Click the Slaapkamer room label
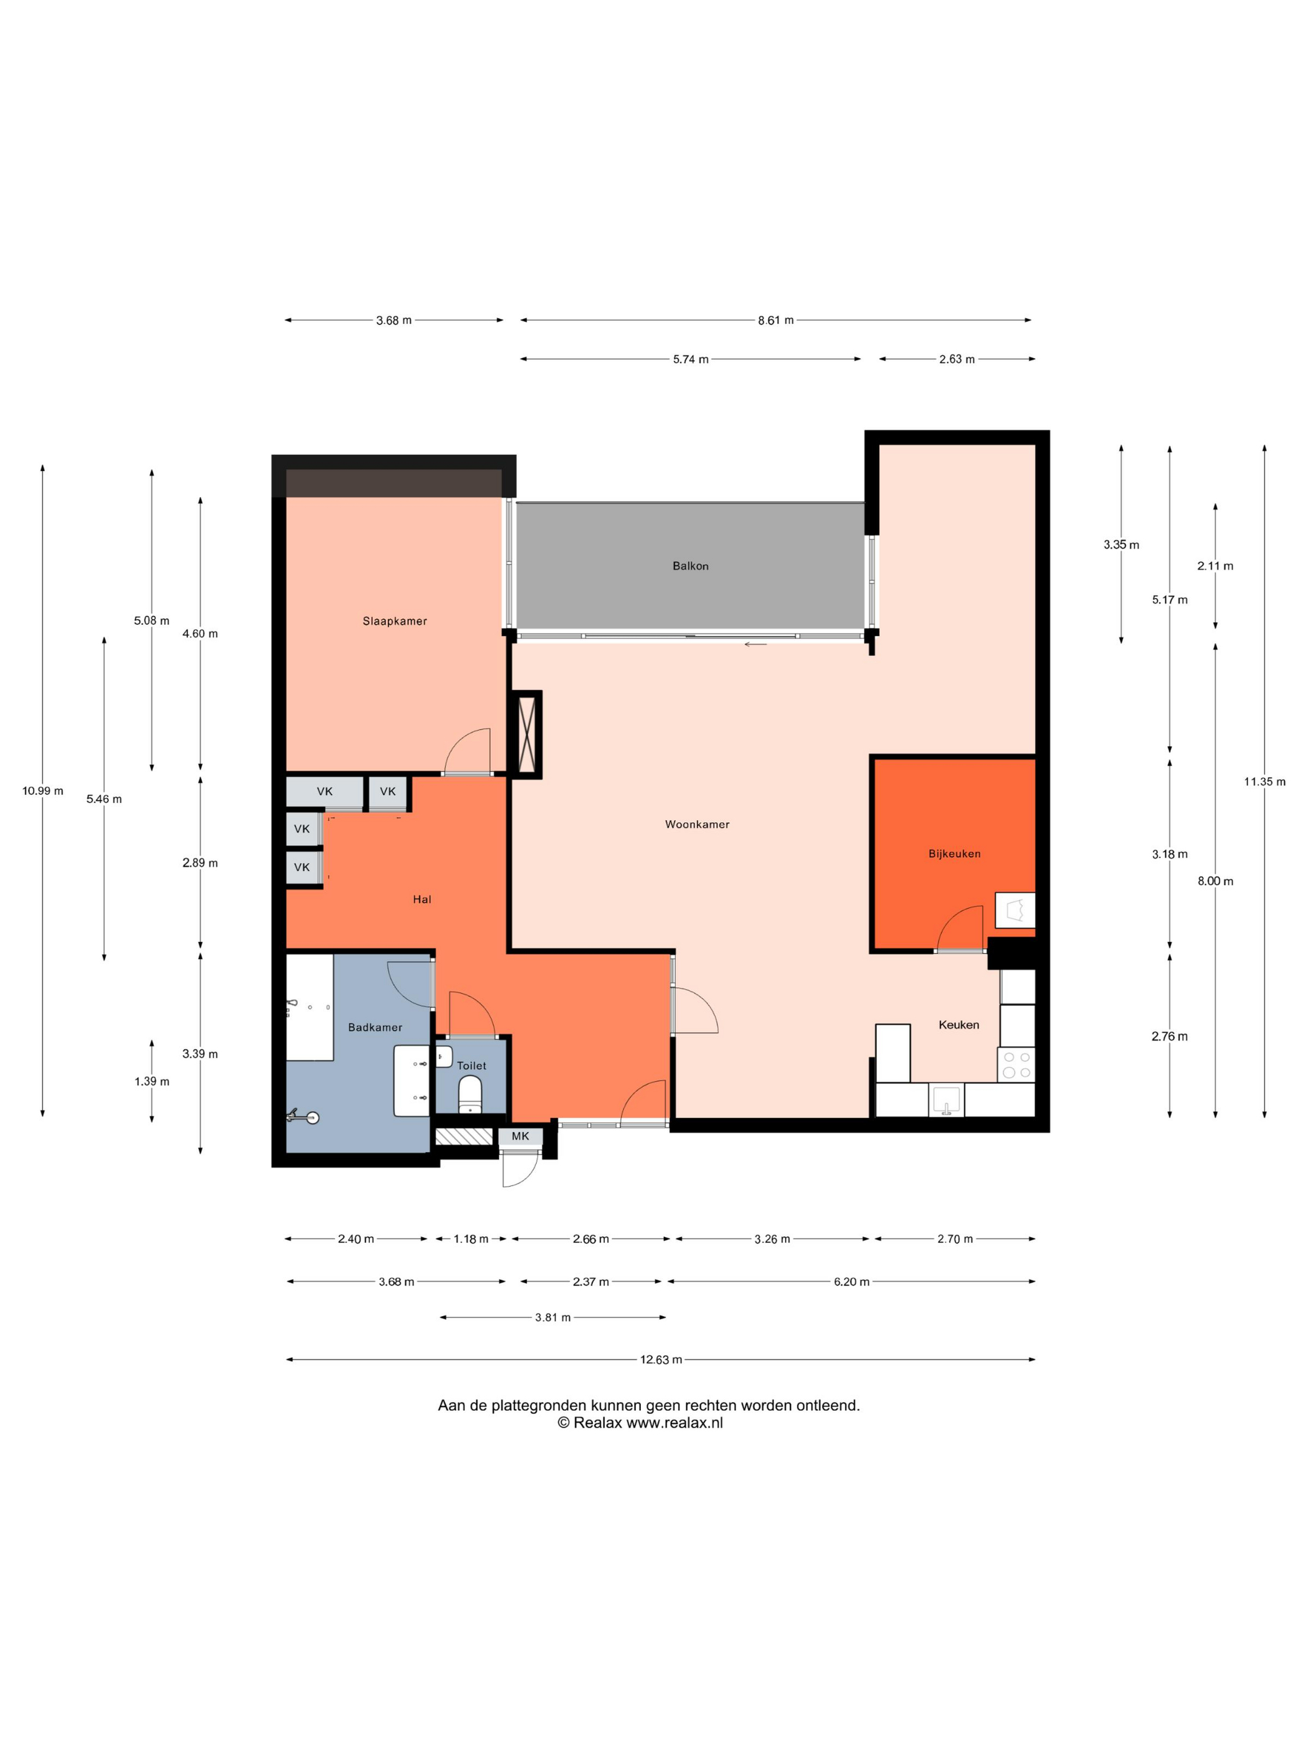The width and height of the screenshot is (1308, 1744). point(394,621)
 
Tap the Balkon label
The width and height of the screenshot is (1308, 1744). point(690,566)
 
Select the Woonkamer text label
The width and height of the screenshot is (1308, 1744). point(697,825)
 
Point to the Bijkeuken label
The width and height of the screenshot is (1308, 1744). point(954,854)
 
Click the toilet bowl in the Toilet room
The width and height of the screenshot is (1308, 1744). point(470,1094)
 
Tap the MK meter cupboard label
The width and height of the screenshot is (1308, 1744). point(520,1136)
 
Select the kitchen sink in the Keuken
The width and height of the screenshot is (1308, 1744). point(946,1099)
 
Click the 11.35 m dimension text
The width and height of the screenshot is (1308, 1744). point(1264,782)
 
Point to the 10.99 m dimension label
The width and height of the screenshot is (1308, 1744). point(42,791)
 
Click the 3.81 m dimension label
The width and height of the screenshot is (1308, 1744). point(552,1317)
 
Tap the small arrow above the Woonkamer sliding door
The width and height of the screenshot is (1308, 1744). point(756,644)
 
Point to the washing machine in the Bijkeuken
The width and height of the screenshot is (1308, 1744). point(1015,910)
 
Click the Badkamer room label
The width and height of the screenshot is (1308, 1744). point(376,1027)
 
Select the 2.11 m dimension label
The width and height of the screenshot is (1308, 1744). point(1215,566)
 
